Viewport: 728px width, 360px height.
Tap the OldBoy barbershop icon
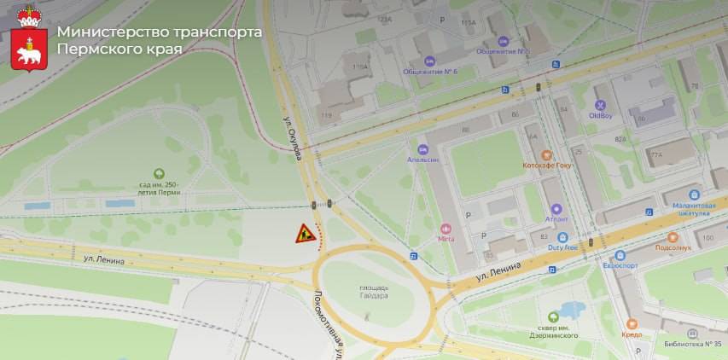[600, 106]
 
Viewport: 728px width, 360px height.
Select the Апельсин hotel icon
[422, 149]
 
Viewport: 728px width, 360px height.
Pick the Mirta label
[446, 239]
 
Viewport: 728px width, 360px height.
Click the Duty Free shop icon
[562, 236]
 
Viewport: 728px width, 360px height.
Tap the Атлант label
[556, 218]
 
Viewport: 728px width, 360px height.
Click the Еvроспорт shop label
[620, 264]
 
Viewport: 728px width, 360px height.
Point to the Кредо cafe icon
[632, 324]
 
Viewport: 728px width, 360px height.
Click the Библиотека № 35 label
[692, 345]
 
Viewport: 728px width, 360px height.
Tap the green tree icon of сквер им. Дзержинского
[555, 317]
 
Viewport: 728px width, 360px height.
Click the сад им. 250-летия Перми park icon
[158, 173]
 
